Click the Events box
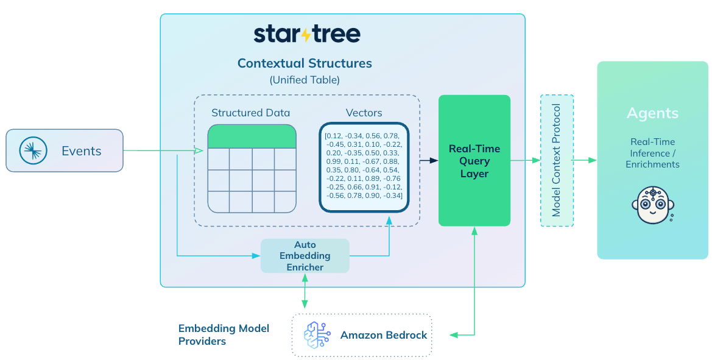point(65,150)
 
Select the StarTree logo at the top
point(307,34)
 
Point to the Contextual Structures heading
point(305,63)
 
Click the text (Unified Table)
point(305,80)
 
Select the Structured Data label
point(251,113)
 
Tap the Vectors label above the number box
point(364,113)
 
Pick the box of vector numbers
point(364,167)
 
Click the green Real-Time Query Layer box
point(474,161)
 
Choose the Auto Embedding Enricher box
point(305,256)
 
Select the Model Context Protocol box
point(557,160)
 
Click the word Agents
point(652,113)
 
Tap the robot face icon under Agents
point(652,205)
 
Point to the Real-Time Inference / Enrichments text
point(652,153)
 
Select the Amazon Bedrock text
point(384,335)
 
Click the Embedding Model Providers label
point(224,334)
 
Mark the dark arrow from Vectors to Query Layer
point(429,160)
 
